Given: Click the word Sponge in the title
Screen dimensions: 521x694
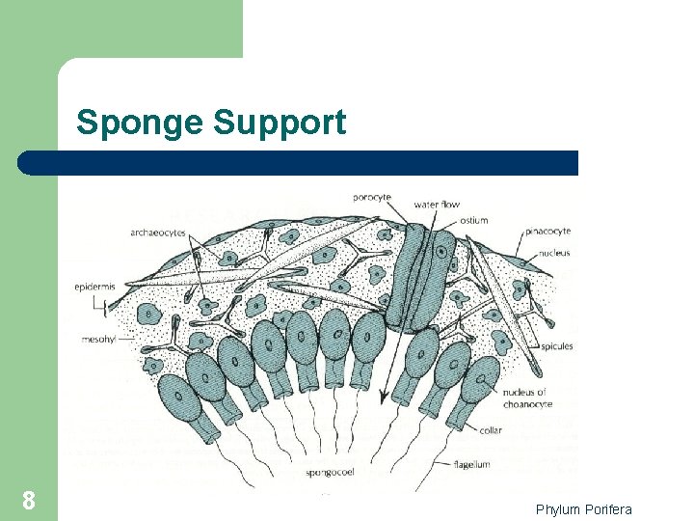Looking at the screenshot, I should click(141, 123).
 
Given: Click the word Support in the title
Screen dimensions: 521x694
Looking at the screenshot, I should click(280, 123).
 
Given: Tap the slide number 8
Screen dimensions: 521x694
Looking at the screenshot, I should click(29, 501).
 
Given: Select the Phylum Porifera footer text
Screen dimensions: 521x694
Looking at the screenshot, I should click(584, 509).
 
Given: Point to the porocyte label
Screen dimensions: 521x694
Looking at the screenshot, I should click(372, 198).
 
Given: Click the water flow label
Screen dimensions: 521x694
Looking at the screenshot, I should click(437, 205).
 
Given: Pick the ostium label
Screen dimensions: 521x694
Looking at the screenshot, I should click(474, 220).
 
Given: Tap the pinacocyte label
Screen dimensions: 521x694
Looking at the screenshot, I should click(548, 232).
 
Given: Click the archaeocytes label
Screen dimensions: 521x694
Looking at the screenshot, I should click(159, 233).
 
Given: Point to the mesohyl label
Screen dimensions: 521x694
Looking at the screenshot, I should click(97, 339).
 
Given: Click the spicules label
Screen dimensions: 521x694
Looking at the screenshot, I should click(556, 346).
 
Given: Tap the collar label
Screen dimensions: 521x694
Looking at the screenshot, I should click(490, 430).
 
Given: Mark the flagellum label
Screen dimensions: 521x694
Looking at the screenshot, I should click(471, 464).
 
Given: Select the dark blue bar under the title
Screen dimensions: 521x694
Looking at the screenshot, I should click(299, 162).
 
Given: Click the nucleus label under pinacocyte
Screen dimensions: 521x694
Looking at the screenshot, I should click(554, 253).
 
